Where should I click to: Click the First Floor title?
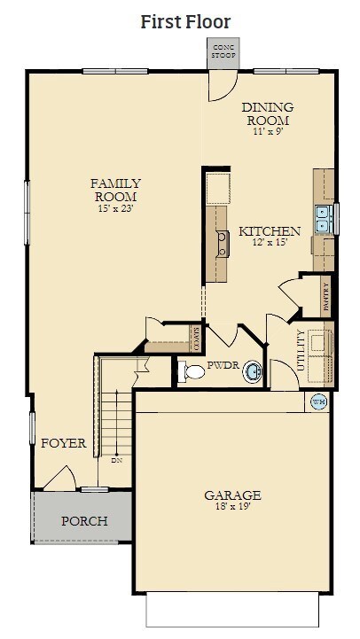[x=185, y=21]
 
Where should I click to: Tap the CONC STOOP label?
[x=223, y=51]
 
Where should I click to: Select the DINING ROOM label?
[x=268, y=113]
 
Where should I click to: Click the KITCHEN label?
[x=270, y=231]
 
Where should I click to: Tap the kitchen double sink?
[x=325, y=219]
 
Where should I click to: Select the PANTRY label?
[x=325, y=297]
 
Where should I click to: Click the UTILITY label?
[x=301, y=350]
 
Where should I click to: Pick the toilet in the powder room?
[x=192, y=371]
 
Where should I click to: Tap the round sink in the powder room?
[x=253, y=371]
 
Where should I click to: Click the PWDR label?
[x=223, y=365]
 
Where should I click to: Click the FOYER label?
[x=64, y=443]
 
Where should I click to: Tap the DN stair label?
[x=117, y=461]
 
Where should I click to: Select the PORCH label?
[x=84, y=521]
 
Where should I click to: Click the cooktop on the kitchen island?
[x=223, y=244]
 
